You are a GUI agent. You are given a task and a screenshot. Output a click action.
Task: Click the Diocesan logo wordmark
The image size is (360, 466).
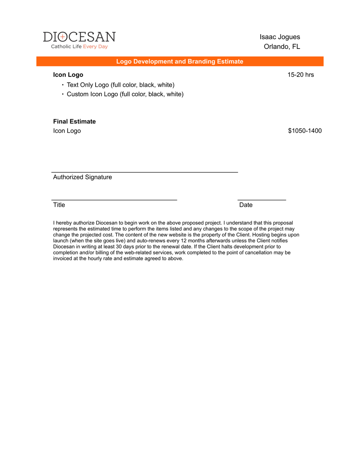79,37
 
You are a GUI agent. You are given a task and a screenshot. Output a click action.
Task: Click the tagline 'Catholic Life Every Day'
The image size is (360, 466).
79,47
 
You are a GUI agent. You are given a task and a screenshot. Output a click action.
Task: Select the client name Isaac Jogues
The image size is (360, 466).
280,37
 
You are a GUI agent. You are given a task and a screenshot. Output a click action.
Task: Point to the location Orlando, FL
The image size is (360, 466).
282,47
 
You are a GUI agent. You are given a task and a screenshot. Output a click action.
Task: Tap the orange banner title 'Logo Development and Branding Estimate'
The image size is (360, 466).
180,61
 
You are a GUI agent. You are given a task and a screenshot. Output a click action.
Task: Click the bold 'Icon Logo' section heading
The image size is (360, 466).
68,75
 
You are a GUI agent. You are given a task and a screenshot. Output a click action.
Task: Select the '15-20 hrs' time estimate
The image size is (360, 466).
301,75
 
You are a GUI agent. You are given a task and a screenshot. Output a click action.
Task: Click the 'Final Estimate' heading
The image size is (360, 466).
74,122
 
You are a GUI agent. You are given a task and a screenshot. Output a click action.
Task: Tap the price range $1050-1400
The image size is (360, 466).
305,131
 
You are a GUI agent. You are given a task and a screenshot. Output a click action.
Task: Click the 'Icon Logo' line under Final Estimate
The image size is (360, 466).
67,131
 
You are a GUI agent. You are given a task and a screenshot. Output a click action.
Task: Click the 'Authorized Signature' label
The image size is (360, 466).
82,177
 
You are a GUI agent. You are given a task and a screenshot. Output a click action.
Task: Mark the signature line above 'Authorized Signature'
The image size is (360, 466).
144,172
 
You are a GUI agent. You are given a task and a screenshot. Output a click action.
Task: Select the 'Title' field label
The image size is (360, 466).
59,205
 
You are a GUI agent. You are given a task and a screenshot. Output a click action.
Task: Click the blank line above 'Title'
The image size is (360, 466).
115,200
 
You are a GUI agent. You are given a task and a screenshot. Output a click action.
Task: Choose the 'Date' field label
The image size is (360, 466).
246,205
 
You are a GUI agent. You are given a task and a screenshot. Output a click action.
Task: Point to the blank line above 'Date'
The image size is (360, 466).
262,200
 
